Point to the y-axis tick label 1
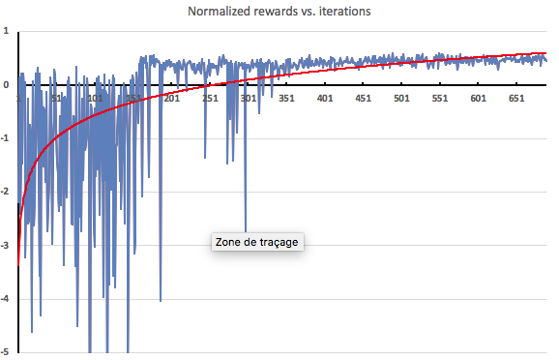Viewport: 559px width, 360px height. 7,32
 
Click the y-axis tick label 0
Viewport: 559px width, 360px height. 7,85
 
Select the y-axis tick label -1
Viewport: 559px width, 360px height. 6,138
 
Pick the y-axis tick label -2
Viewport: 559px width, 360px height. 6,192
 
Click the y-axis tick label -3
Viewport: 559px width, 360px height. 6,245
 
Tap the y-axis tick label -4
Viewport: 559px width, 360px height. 6,298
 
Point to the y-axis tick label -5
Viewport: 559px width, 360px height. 6,351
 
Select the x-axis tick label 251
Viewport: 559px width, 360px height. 210,99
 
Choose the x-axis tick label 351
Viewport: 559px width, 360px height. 286,99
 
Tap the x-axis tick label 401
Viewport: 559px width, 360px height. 325,99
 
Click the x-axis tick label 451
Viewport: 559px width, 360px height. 364,99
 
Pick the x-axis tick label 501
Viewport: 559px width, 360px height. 401,99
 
